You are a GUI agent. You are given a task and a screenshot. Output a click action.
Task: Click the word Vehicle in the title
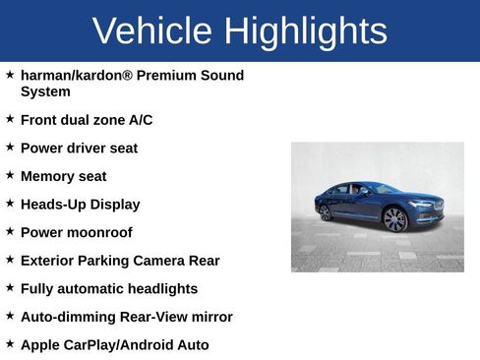(x=152, y=31)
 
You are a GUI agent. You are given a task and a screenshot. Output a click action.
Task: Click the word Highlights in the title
(x=305, y=31)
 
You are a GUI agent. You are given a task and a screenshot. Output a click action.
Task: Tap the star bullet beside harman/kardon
(x=10, y=75)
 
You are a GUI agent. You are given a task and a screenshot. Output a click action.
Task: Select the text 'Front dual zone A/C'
(x=87, y=120)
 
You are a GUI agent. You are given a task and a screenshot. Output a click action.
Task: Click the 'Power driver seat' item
(x=79, y=149)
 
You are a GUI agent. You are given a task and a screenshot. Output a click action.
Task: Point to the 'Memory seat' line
(x=63, y=177)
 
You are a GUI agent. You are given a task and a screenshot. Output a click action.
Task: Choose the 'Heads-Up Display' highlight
(x=80, y=205)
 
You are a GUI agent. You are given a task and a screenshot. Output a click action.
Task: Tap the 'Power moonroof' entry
(x=76, y=233)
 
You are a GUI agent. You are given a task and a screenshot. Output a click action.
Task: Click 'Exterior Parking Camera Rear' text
(x=120, y=261)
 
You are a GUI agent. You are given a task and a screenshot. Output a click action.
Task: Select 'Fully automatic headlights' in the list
(x=109, y=289)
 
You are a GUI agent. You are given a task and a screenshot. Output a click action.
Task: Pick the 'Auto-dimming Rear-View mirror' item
(x=126, y=318)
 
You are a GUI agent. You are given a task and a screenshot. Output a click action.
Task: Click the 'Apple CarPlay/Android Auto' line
(x=114, y=345)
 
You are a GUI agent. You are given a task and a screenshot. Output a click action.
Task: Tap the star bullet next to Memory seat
(x=10, y=175)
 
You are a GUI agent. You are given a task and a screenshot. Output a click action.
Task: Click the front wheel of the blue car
(x=395, y=219)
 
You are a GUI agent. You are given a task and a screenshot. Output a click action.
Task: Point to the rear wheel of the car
(x=326, y=212)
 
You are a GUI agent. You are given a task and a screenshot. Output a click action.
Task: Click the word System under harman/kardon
(x=45, y=91)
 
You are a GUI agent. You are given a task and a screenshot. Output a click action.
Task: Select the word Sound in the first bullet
(x=221, y=76)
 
